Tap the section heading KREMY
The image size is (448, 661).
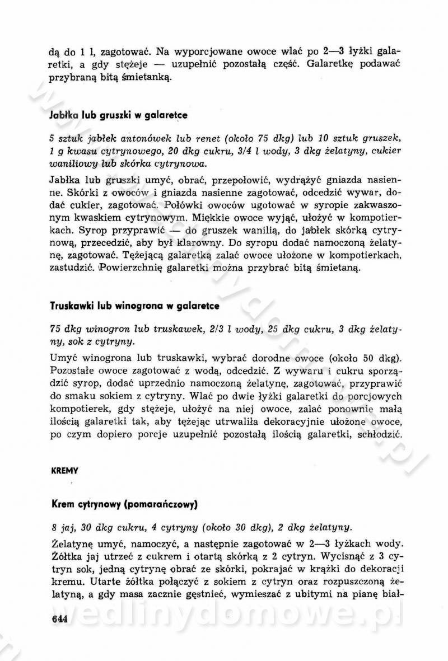pos(62,471)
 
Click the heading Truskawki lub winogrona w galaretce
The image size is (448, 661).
pos(134,307)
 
